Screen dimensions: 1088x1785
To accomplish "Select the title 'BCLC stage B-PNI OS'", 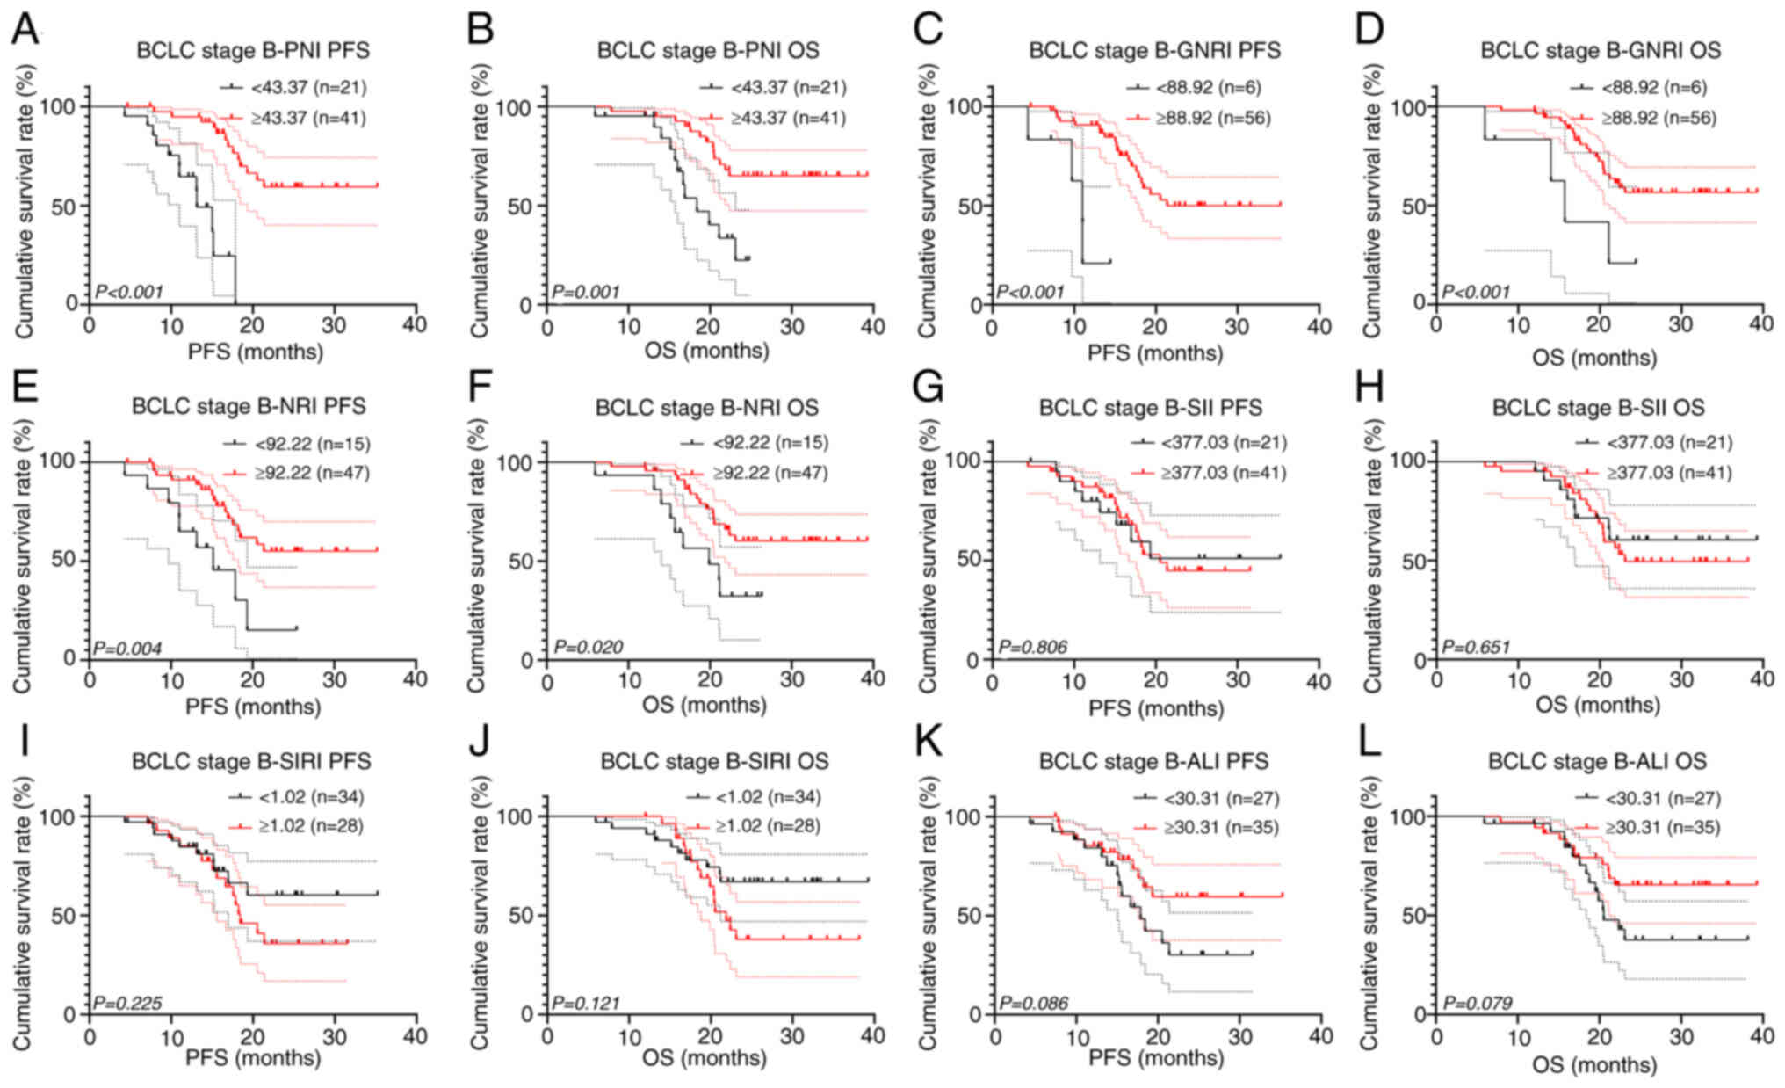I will pos(707,50).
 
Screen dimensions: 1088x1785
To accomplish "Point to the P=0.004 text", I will pos(127,649).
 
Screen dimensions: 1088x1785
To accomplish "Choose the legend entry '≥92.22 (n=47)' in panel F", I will pos(770,473).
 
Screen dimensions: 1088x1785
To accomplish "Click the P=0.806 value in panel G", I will pos(1033,648).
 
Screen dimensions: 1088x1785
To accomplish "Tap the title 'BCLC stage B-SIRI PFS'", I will pos(251,761).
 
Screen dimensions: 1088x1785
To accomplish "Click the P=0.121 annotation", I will pos(585,1002).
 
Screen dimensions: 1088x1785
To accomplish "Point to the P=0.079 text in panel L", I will pos(1478,1002).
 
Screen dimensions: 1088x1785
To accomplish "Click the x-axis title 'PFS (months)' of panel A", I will pos(255,352).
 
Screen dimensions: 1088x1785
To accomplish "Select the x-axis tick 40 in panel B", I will pos(872,326).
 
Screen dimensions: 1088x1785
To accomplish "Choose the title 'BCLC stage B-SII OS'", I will pos(1598,408).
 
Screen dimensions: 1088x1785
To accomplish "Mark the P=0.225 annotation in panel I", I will pos(127,1002).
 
